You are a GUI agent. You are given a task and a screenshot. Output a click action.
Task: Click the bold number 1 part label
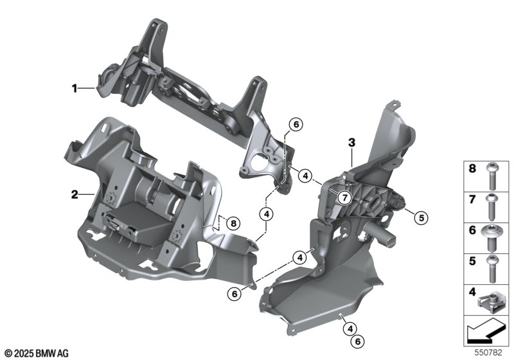(75, 88)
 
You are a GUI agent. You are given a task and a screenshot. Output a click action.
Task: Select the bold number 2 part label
(75, 194)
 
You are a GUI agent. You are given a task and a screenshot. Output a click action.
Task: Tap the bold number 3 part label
(351, 143)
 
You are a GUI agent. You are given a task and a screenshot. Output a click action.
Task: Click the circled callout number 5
(421, 217)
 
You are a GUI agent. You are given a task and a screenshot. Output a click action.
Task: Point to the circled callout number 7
(344, 198)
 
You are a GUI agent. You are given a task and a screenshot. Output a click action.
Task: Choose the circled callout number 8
(233, 224)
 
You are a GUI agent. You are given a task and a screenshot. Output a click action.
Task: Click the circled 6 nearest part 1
(296, 124)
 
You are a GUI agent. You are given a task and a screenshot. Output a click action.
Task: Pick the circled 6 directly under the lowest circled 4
(358, 341)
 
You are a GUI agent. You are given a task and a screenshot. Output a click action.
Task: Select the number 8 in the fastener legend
(472, 168)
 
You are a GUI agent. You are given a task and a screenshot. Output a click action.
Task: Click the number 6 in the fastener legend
(472, 230)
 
